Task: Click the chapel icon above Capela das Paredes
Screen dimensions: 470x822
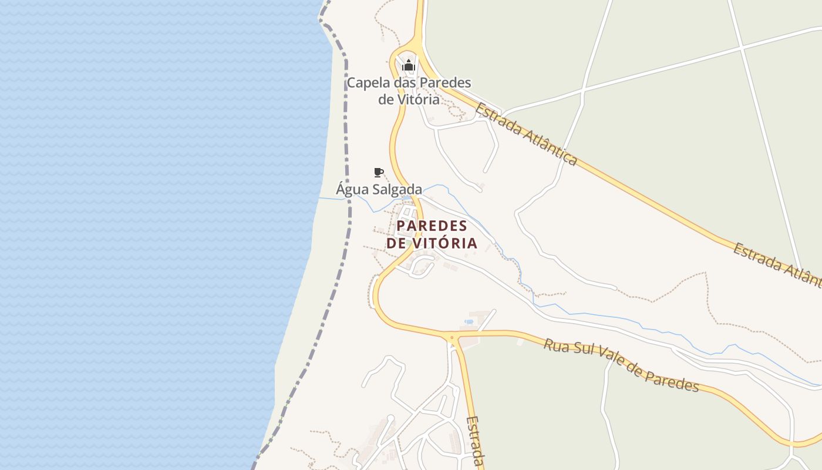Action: (x=409, y=65)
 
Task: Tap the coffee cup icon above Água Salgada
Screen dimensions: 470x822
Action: (x=379, y=172)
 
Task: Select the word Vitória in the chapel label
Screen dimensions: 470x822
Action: (x=417, y=99)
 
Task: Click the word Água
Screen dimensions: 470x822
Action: (x=352, y=189)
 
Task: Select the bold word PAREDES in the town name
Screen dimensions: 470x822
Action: (x=432, y=226)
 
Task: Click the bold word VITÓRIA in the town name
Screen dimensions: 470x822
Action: (x=446, y=243)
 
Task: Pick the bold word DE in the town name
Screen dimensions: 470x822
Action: (x=396, y=243)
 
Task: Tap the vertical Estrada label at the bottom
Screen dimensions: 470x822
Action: (x=476, y=441)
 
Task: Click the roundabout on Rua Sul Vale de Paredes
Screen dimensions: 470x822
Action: (x=452, y=337)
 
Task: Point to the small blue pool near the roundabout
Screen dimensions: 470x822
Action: (x=469, y=321)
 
